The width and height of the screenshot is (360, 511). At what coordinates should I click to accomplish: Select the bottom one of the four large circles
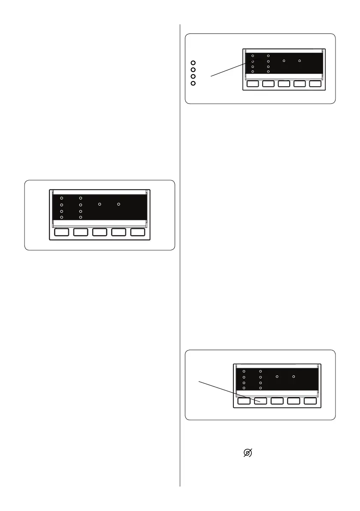pos(193,83)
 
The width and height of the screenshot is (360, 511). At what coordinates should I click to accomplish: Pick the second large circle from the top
pos(193,70)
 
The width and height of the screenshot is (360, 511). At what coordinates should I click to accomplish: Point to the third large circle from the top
pos(193,76)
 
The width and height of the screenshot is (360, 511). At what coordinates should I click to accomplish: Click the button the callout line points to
pos(260,402)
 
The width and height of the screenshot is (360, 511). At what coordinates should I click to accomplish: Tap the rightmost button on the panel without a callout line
pos(138,232)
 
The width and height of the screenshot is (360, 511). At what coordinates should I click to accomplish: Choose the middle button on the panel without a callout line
pos(100,232)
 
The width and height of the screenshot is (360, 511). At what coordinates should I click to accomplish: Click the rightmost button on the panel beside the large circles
pos(315,84)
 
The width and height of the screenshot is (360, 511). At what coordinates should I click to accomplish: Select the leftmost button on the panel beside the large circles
pos(253,84)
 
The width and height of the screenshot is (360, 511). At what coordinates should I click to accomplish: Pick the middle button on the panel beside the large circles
pos(284,84)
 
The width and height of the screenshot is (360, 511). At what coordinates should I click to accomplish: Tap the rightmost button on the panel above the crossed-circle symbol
pos(310,402)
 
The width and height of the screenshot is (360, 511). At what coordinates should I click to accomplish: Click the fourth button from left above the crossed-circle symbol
pos(294,402)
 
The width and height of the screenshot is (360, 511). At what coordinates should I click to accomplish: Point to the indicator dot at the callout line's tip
pos(253,62)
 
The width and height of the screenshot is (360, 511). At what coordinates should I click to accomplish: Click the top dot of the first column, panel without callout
pos(62,198)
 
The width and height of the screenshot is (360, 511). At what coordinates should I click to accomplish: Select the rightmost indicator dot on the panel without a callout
pos(119,204)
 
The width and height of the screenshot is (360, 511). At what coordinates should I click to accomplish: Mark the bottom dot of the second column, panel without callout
pos(81,218)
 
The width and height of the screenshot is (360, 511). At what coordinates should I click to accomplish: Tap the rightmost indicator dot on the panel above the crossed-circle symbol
pos(293,376)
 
